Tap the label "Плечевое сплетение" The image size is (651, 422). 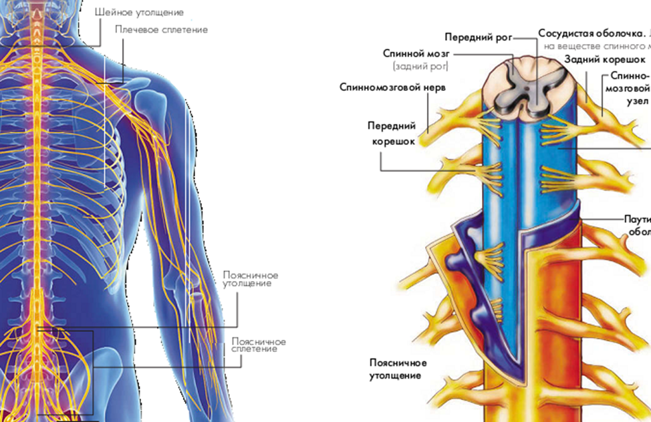tap(161, 29)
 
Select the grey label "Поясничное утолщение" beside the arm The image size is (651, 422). tap(251, 279)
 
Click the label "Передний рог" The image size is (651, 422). tap(478, 37)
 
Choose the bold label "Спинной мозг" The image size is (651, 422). tap(415, 53)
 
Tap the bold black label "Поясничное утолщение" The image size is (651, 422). tap(398, 369)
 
